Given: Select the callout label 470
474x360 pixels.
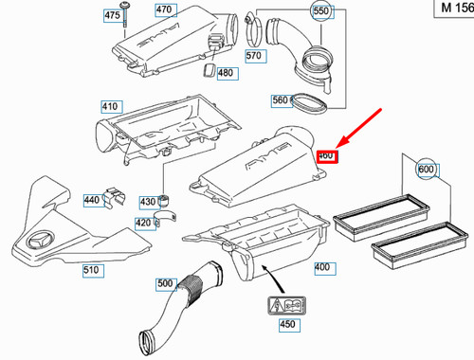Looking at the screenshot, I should (164, 10).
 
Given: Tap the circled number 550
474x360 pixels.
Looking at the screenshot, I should (320, 12).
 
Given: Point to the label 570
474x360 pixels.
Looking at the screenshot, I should (252, 56).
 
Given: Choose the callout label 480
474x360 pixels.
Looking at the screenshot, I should (225, 73).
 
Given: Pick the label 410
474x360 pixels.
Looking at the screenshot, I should (109, 107).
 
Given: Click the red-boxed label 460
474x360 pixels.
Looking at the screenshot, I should (327, 155).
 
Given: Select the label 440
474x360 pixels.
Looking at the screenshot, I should (92, 201).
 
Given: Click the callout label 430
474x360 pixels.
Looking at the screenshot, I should (147, 202).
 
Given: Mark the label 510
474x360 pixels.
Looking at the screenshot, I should (91, 269).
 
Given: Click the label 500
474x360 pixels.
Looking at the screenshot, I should (165, 283).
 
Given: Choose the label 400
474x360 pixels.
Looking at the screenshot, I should (322, 268).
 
